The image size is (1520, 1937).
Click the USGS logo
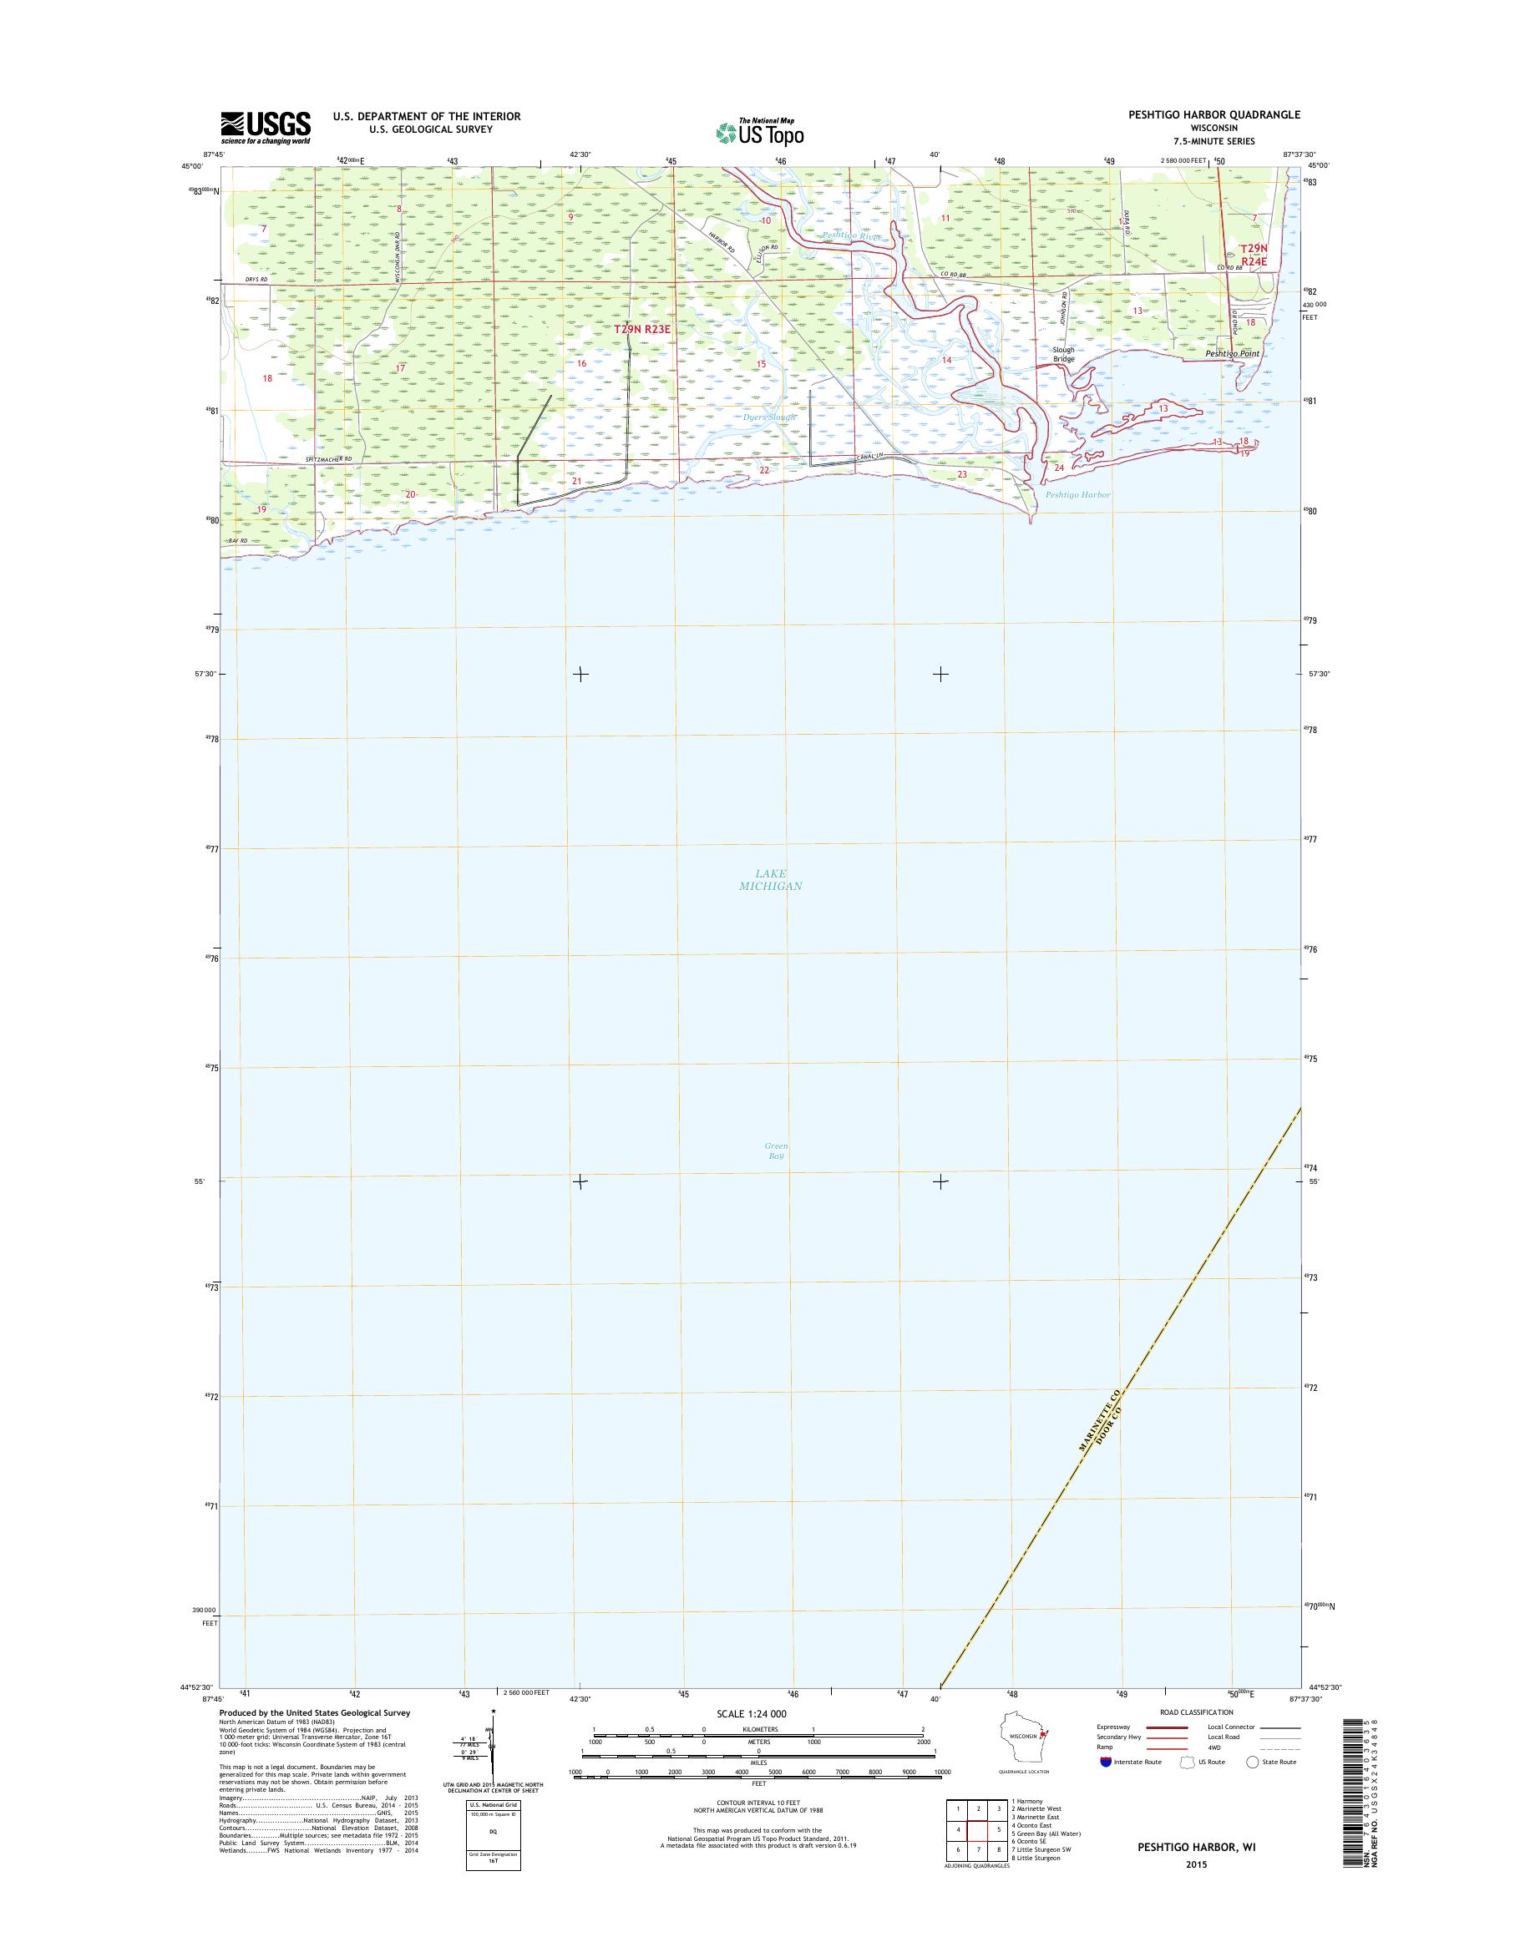point(266,127)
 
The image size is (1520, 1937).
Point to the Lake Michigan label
point(771,879)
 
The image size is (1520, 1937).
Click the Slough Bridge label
point(1063,354)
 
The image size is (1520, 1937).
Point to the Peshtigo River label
point(852,235)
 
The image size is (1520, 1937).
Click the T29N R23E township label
point(641,329)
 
